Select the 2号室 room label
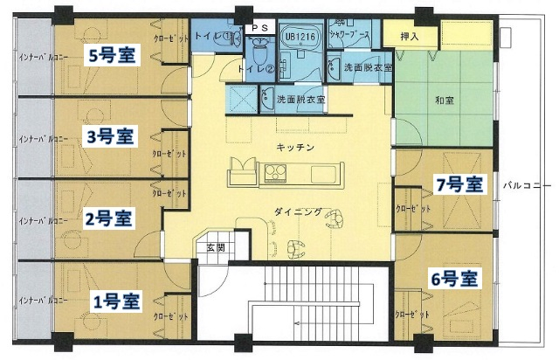109,216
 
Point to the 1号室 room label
116,302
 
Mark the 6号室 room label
454,280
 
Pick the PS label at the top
259,28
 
